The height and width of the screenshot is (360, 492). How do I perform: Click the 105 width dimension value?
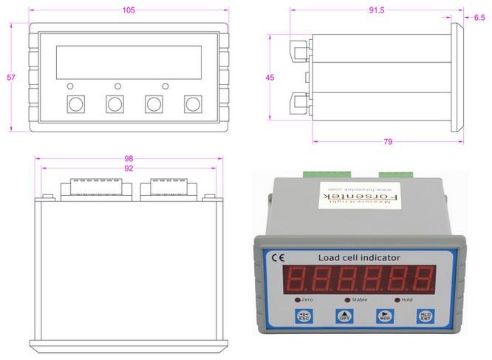pyautogui.click(x=129, y=10)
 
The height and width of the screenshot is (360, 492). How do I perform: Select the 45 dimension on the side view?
pyautogui.click(x=270, y=77)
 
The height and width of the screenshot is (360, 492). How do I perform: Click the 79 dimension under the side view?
pyautogui.click(x=388, y=141)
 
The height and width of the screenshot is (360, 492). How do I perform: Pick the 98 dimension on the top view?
pyautogui.click(x=129, y=159)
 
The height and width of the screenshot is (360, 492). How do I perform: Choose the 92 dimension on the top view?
pyautogui.click(x=129, y=169)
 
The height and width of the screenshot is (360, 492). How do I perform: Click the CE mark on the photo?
pyautogui.click(x=281, y=258)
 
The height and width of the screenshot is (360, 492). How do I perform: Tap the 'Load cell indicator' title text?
pyautogui.click(x=359, y=257)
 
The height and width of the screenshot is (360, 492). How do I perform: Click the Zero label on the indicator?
pyautogui.click(x=308, y=300)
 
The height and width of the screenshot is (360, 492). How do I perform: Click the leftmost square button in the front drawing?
pyautogui.click(x=75, y=104)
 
